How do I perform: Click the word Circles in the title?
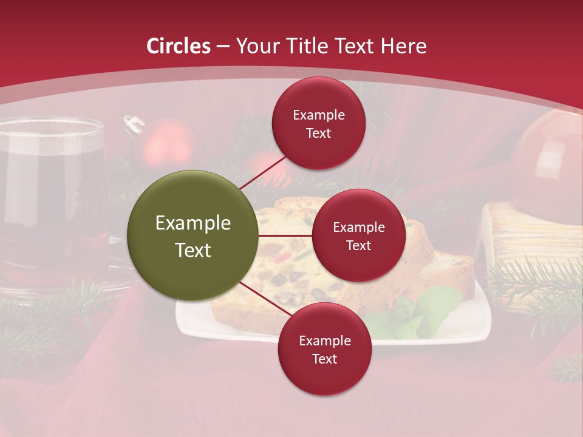coord(179,46)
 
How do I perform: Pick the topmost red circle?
coord(319,123)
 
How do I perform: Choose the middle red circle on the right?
coord(358,235)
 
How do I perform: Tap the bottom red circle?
coord(324,349)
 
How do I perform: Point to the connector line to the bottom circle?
coord(261,299)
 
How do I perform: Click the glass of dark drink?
coord(52,194)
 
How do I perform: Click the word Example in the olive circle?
coord(193,223)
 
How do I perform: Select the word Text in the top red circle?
coord(319,133)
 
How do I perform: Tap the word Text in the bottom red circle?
coord(324,359)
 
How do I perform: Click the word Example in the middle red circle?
coord(358,227)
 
